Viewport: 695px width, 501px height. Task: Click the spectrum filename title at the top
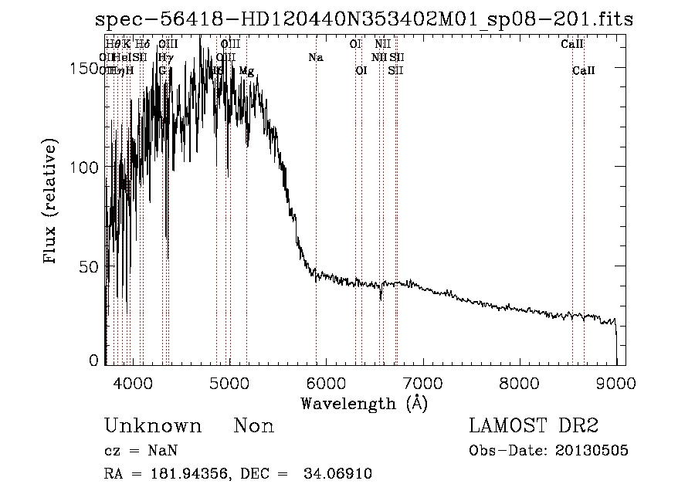362,19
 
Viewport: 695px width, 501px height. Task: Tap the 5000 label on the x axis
229,382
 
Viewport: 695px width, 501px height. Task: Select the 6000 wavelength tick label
326,382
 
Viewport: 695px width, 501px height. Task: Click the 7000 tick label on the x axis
422,382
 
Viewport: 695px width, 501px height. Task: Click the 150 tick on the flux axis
80,69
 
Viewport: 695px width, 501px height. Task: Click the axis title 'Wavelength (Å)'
364,403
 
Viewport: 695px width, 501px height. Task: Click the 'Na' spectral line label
315,58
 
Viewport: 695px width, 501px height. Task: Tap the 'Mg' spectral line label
246,71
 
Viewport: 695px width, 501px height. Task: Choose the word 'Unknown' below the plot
153,426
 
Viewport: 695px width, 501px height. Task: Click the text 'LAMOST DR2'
534,426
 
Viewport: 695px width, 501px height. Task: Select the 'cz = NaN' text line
136,451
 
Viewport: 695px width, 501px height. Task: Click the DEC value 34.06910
342,474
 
